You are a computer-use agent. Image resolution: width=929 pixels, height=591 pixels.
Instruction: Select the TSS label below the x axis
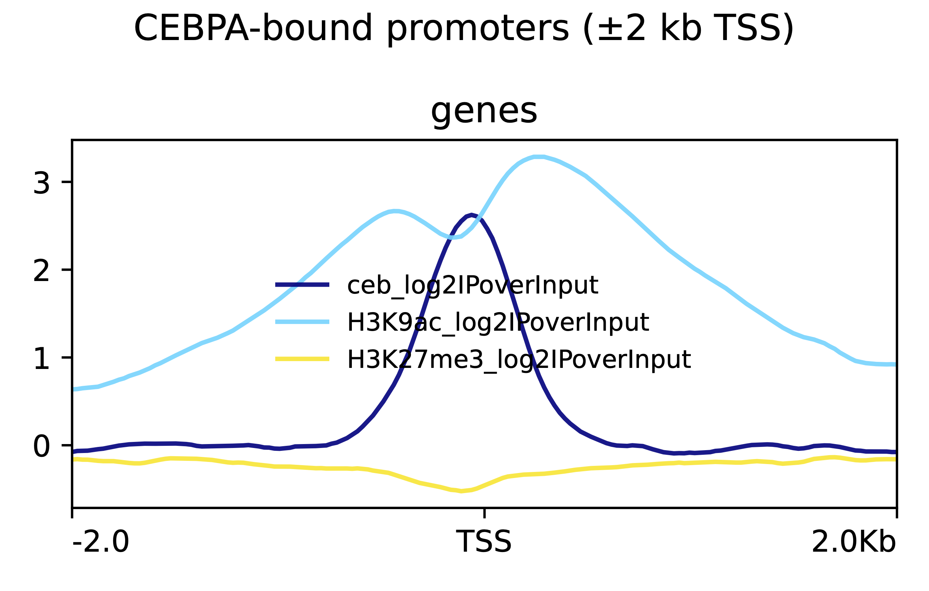pos(484,542)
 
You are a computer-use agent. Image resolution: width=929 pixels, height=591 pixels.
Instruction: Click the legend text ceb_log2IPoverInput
pos(473,286)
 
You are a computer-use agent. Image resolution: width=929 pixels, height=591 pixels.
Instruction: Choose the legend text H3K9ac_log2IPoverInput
pos(498,322)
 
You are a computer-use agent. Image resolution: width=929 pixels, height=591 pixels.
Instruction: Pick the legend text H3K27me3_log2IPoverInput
pos(519,360)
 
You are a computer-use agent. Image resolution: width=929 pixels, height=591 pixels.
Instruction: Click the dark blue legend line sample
pos(302,285)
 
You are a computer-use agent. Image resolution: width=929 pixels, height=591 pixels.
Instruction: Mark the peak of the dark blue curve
pos(471,215)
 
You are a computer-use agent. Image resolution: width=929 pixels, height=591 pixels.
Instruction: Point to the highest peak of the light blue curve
pos(539,157)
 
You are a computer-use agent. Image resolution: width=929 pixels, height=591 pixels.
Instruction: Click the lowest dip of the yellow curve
pos(461,491)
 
